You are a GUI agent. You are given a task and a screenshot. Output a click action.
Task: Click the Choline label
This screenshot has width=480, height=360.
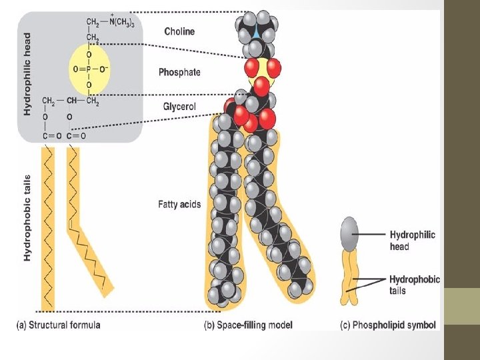[180, 31]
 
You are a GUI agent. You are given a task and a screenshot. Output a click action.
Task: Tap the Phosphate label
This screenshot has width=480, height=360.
[179, 72]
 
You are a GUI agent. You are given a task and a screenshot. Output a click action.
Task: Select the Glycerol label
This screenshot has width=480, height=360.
[179, 106]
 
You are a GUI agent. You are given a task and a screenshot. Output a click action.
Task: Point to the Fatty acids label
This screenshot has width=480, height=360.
[179, 205]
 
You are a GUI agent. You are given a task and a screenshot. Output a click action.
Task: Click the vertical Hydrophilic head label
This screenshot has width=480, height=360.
[27, 74]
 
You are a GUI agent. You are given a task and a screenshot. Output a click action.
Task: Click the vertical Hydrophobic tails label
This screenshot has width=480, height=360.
[27, 216]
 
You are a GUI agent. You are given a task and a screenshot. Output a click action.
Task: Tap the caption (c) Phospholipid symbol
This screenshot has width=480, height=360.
[388, 325]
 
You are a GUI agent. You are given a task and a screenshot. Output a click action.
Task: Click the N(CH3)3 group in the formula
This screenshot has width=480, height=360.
[119, 23]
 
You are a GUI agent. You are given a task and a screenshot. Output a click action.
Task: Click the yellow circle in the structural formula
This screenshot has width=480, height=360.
[89, 69]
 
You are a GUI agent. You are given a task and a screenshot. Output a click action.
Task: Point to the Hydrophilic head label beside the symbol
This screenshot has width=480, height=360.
[413, 241]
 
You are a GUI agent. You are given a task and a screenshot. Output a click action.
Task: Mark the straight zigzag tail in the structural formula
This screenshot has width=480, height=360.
[48, 227]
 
